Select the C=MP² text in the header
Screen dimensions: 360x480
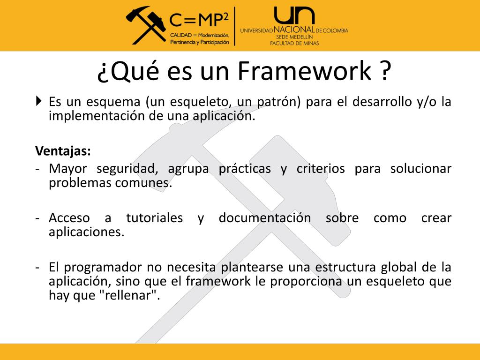pos(199,19)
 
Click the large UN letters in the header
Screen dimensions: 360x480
pos(294,16)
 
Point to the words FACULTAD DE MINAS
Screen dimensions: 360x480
pos(294,43)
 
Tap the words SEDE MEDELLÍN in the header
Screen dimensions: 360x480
pos(294,37)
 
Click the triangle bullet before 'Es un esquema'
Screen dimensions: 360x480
pos(38,100)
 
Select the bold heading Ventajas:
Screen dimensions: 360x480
pos(63,151)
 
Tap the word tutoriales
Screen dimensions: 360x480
pos(154,218)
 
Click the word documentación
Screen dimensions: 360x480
pos(264,218)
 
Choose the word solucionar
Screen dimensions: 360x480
pos(420,168)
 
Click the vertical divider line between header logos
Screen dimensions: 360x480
pos(235,26)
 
